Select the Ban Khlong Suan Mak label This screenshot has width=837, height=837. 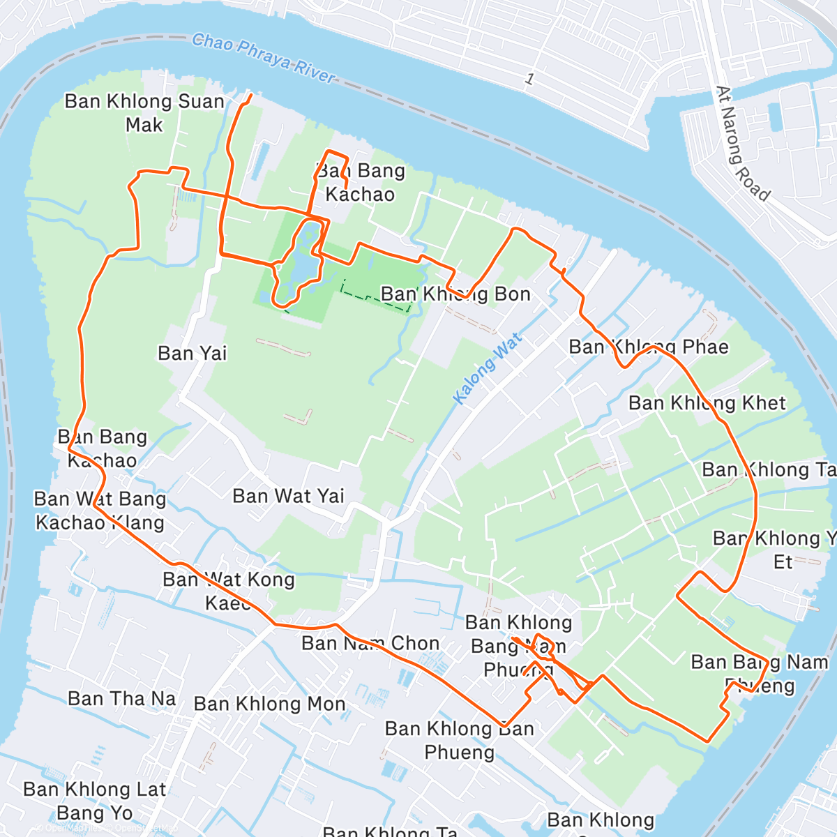tap(144, 113)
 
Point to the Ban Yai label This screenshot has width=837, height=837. tap(192, 354)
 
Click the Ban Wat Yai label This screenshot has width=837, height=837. tap(288, 497)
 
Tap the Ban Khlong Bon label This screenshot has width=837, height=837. tap(455, 294)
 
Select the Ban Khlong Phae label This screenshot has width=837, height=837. tap(648, 347)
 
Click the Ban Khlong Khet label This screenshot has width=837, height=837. tap(707, 403)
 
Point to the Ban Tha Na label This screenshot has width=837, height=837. tap(122, 699)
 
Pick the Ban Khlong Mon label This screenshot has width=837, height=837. tap(270, 704)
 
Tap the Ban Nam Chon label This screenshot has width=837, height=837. tap(370, 643)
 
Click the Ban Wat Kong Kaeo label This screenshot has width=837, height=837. tap(228, 591)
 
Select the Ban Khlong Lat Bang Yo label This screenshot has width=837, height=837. tap(95, 801)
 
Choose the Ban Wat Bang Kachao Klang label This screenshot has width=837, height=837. tap(100, 511)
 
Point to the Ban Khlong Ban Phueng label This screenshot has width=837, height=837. tap(459, 741)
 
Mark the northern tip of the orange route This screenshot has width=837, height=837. tap(250, 94)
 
